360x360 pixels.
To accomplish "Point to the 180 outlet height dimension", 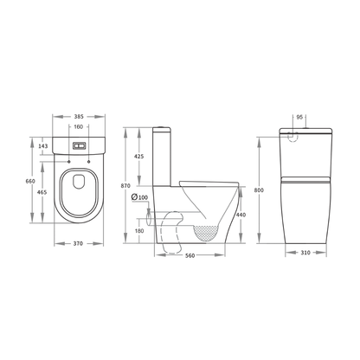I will [139, 230].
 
